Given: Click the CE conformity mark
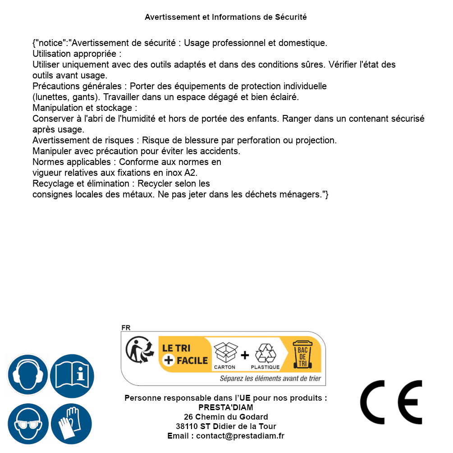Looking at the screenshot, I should click(391, 403).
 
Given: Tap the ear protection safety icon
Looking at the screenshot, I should click(27, 375).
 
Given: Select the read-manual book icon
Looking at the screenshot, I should click(72, 375).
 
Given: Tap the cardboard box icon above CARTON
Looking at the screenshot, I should click(225, 353).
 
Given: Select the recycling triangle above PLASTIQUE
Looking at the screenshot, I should click(265, 353).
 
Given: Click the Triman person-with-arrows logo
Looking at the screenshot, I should click(137, 351).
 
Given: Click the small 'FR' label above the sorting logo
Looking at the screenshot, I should click(126, 328).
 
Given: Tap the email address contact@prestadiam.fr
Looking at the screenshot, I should click(240, 436).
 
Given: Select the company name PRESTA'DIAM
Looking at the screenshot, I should click(226, 407).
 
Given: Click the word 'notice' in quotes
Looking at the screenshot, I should click(50, 43).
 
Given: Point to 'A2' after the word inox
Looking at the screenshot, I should click(191, 173).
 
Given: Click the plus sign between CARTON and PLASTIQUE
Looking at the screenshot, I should click(245, 355).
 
